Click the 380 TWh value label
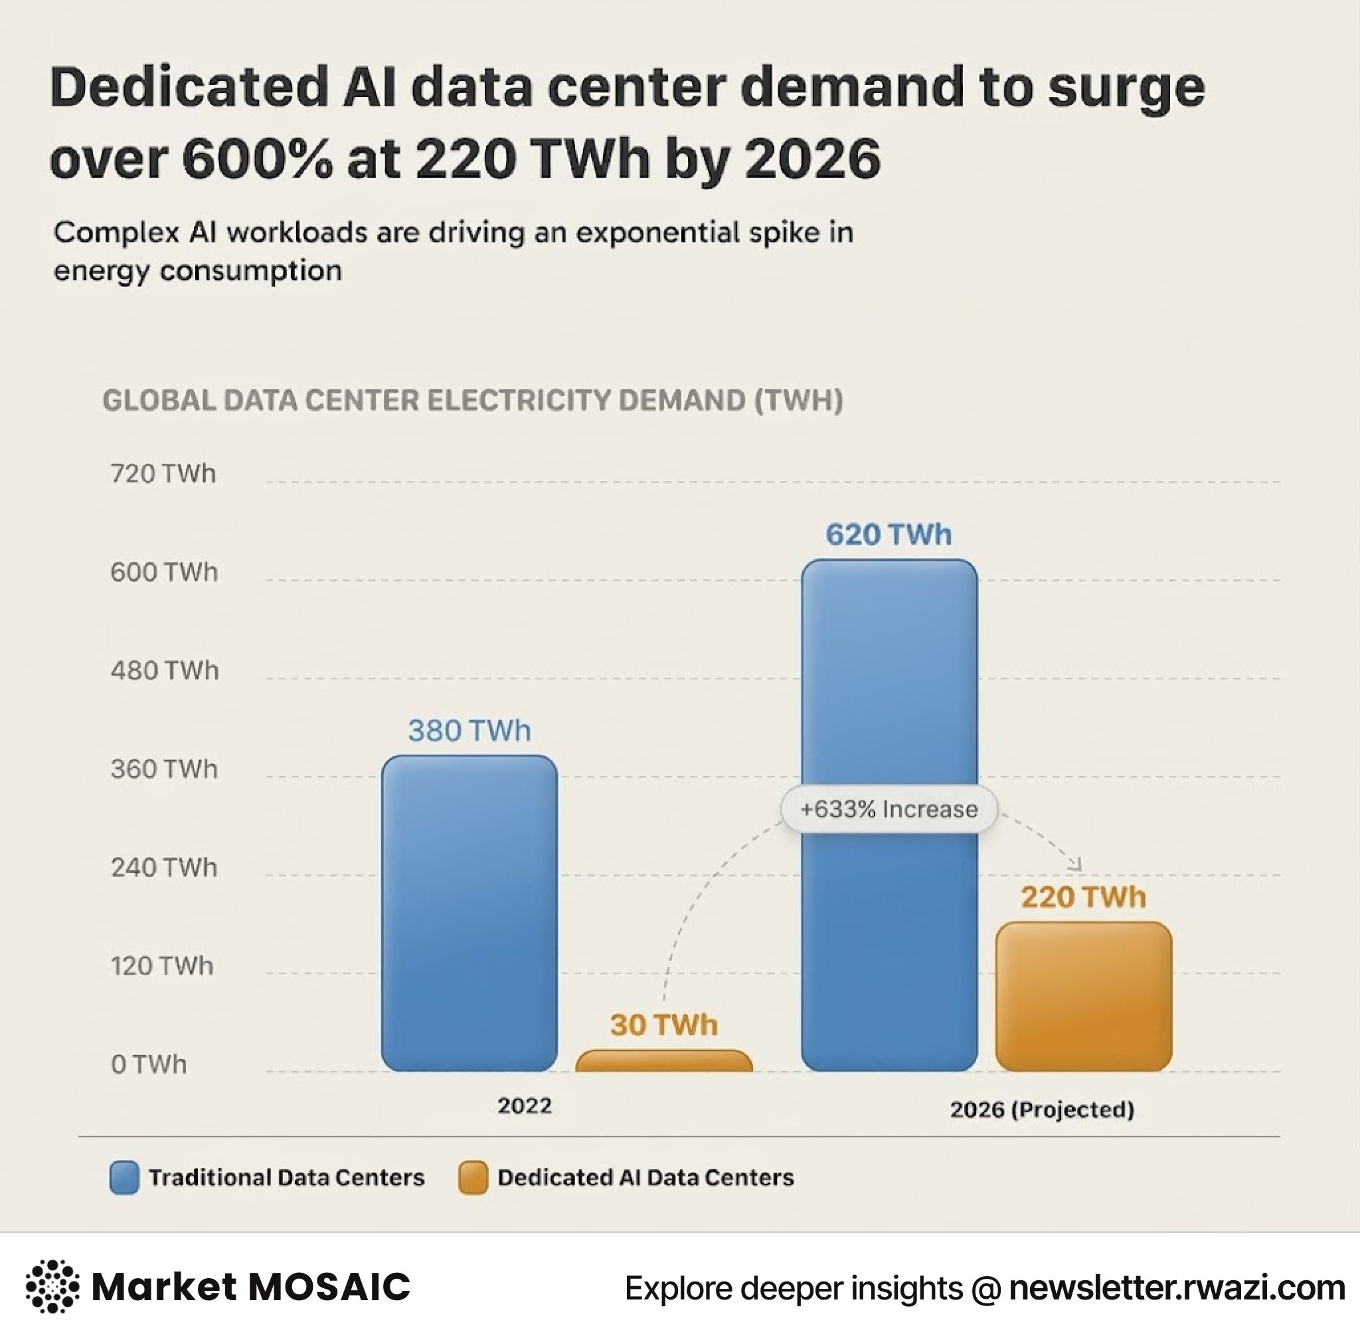point(469,731)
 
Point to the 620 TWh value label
point(889,534)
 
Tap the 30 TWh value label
point(664,1025)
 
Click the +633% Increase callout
point(889,809)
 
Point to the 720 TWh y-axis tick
point(163,474)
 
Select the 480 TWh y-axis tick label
point(164,670)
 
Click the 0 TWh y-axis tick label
point(149,1064)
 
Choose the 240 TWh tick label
point(163,868)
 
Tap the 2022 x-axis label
point(525,1105)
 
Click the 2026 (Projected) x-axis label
point(1042,1109)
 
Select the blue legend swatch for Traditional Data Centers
point(124,1177)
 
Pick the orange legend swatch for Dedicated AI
point(472,1177)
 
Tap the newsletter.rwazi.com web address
point(1176,1288)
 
